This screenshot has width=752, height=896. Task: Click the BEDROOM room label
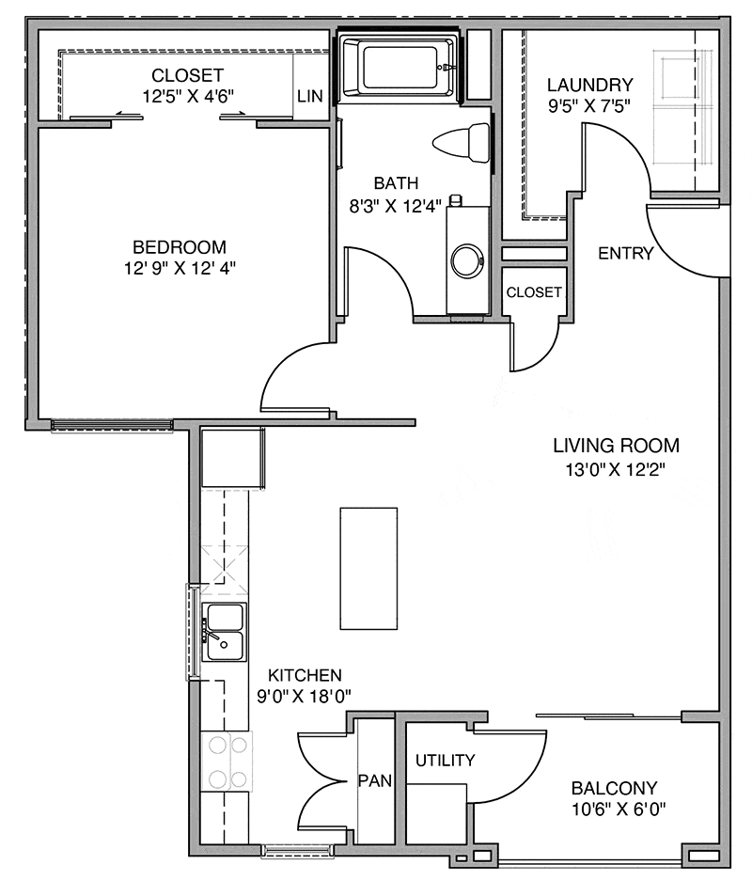click(x=179, y=247)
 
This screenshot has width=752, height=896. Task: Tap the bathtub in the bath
click(x=398, y=67)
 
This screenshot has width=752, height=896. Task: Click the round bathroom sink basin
click(x=465, y=260)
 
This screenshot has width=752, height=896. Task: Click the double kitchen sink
click(x=225, y=633)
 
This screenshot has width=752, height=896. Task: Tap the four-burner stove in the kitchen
click(x=227, y=762)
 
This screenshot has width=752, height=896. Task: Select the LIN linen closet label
click(x=310, y=96)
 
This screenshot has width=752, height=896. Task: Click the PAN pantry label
click(x=368, y=779)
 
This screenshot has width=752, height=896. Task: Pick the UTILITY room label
click(x=446, y=760)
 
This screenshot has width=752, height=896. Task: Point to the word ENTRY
click(x=625, y=253)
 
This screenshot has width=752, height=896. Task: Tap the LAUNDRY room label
click(x=590, y=85)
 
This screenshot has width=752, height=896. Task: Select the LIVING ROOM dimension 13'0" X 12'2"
click(x=616, y=467)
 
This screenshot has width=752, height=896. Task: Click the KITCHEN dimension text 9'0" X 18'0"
click(x=305, y=697)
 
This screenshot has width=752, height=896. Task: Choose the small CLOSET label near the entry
click(x=534, y=292)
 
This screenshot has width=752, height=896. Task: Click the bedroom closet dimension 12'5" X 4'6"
click(x=188, y=95)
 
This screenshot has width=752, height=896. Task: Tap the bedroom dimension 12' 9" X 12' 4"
click(x=179, y=268)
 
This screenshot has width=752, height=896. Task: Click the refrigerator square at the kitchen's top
click(x=230, y=458)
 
